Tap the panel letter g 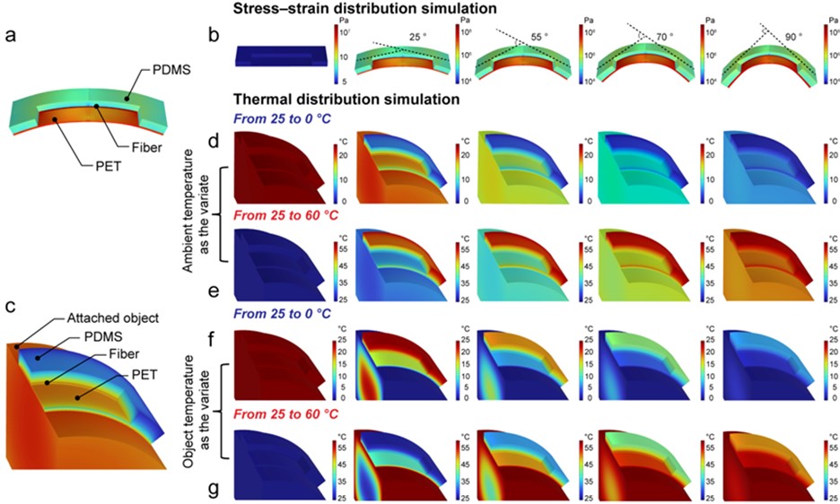point(214,491)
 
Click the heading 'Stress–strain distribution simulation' point(348,8)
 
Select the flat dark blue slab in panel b point(276,56)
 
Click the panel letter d point(214,142)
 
